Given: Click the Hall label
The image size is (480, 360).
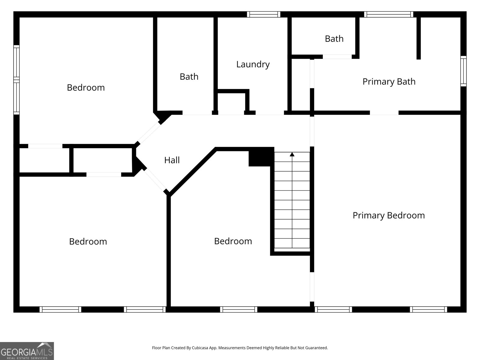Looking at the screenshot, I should [x=172, y=160].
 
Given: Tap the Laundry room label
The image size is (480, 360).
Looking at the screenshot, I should [x=253, y=64].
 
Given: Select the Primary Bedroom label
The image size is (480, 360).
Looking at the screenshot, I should [x=388, y=215].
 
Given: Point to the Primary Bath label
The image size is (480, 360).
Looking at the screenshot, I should [x=389, y=82].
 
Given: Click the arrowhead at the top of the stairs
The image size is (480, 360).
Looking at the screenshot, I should [x=292, y=154].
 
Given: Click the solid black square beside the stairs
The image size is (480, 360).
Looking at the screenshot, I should [x=261, y=157].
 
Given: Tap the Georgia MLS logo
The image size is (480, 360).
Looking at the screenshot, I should [x=27, y=351].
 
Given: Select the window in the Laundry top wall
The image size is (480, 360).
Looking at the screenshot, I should [x=264, y=14].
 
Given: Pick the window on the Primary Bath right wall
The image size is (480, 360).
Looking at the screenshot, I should [x=463, y=71].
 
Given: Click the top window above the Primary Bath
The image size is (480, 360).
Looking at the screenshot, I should [x=388, y=14].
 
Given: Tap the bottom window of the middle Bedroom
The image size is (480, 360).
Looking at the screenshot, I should [x=238, y=309].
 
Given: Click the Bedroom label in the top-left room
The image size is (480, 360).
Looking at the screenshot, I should [x=86, y=88].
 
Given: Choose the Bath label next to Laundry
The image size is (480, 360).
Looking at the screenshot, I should [x=189, y=77].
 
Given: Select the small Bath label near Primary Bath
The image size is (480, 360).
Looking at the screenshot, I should [x=334, y=39].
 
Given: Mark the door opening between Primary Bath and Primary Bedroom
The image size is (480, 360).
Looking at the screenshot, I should [x=384, y=113].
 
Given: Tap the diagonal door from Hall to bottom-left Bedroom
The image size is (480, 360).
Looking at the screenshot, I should [x=155, y=181].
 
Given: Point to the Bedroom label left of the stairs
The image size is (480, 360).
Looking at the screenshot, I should [x=233, y=241].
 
